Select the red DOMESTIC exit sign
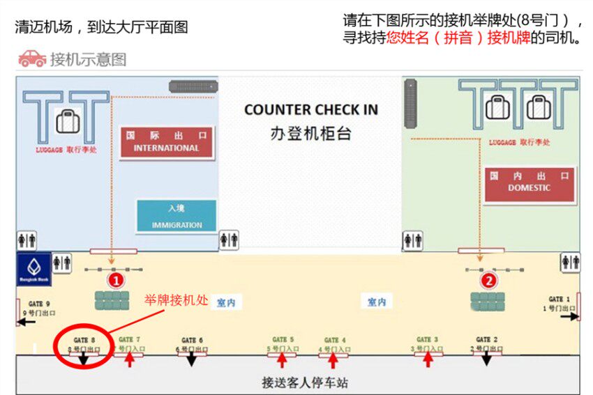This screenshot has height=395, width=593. [x=529, y=183]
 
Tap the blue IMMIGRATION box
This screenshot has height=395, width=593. [x=177, y=216]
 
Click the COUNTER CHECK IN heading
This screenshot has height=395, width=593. [x=311, y=110]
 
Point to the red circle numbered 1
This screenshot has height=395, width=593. [x=116, y=280]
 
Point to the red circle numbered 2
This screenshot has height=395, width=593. [x=489, y=280]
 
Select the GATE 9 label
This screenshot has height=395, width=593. [x=39, y=304]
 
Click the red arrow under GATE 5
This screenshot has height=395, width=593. [x=282, y=359]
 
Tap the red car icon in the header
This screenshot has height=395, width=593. [x=32, y=59]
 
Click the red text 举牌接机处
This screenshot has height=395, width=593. [x=177, y=300]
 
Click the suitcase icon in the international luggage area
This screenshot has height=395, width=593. [x=68, y=121]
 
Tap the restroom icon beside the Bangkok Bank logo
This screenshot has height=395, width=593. [x=62, y=263]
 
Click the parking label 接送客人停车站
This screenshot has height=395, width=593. [x=305, y=382]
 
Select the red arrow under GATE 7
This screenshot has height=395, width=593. [x=129, y=359]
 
